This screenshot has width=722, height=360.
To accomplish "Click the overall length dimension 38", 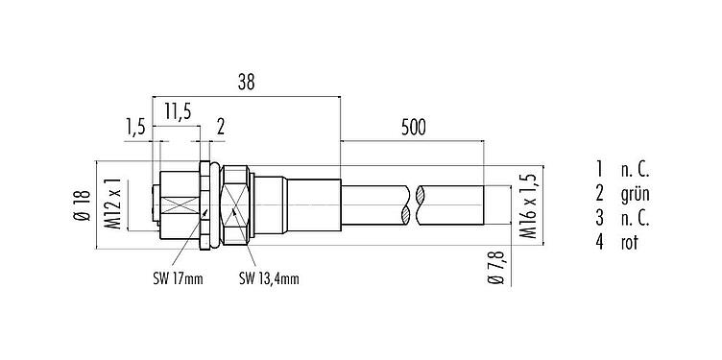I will (246, 84).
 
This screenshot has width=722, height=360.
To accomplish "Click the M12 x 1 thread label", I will (111, 203).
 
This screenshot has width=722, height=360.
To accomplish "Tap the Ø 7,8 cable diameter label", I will (494, 266).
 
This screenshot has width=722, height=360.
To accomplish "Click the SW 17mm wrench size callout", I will (178, 279).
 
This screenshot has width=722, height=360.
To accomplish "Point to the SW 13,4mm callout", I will (269, 279).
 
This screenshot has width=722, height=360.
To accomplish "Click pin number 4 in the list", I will (598, 243).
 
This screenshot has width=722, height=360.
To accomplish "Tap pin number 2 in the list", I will (598, 195).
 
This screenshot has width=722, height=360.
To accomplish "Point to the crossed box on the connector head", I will (180, 204).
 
